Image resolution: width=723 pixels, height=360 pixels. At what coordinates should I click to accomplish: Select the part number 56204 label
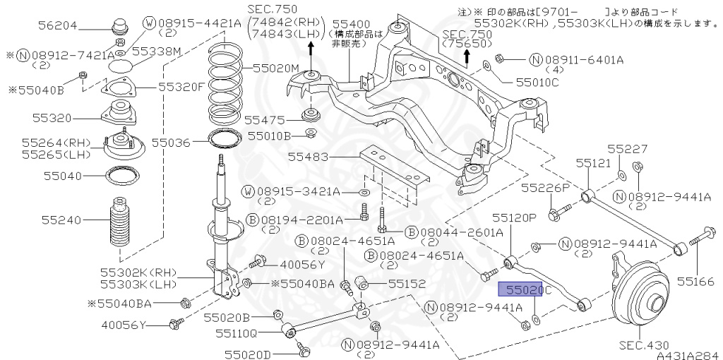point(57,28)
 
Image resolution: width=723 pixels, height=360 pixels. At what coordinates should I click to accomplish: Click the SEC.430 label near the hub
point(644,345)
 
